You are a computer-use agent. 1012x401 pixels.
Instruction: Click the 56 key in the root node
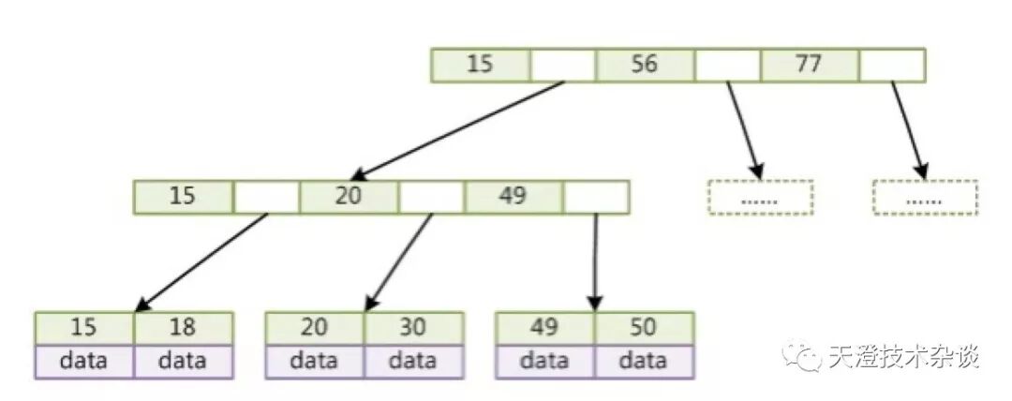click(x=645, y=65)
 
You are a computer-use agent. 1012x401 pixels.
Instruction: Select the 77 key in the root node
click(x=809, y=65)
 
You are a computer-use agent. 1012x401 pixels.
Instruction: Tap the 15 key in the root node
click(x=480, y=65)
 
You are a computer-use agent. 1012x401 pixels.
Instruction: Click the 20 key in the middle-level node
click(x=349, y=196)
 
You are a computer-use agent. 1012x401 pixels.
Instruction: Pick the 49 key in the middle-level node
click(x=513, y=196)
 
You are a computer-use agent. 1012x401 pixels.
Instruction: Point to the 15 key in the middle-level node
click(x=184, y=196)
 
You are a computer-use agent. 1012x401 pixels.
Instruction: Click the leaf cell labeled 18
click(x=183, y=328)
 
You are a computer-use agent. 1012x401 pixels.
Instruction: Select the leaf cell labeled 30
click(x=413, y=328)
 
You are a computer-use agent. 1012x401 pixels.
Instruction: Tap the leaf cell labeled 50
click(x=644, y=328)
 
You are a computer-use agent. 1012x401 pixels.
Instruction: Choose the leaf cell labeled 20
click(x=314, y=328)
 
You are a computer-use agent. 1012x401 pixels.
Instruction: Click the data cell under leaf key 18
click(x=183, y=361)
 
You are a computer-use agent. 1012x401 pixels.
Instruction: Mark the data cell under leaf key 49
click(x=544, y=361)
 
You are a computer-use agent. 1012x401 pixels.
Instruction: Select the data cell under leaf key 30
click(x=413, y=361)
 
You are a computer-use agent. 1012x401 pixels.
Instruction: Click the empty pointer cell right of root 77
click(x=892, y=65)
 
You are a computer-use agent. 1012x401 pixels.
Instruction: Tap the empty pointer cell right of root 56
click(x=727, y=65)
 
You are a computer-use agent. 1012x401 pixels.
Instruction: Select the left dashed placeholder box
click(x=760, y=197)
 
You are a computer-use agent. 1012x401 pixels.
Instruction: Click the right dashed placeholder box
click(x=925, y=197)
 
